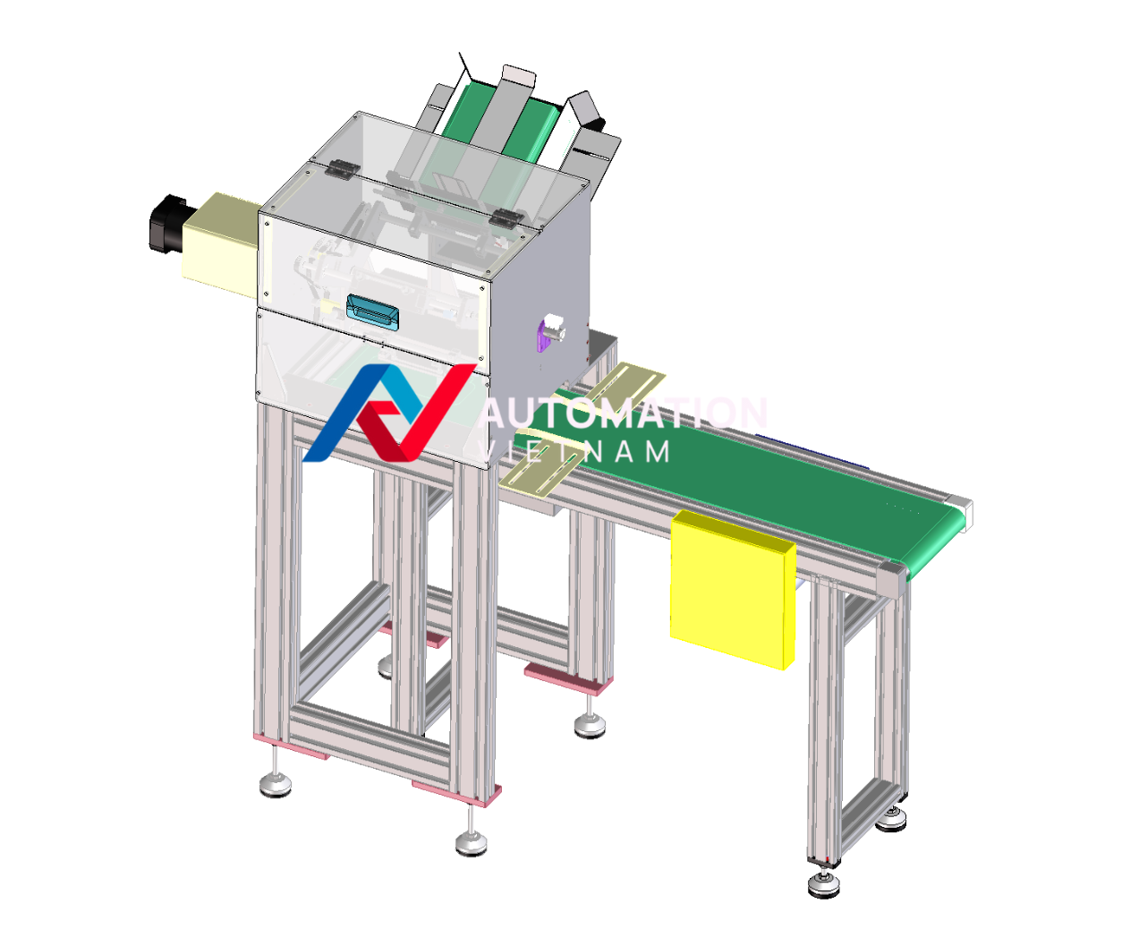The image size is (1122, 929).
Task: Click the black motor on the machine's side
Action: [x=166, y=223]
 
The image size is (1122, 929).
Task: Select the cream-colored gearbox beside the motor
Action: [x=221, y=244]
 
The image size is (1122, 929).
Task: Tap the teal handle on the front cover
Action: [x=372, y=312]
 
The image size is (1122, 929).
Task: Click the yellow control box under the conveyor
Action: [x=733, y=589]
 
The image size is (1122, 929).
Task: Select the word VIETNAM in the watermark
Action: [x=574, y=452]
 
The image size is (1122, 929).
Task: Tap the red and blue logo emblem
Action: [x=389, y=413]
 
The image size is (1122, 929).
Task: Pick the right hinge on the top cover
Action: [x=506, y=217]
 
